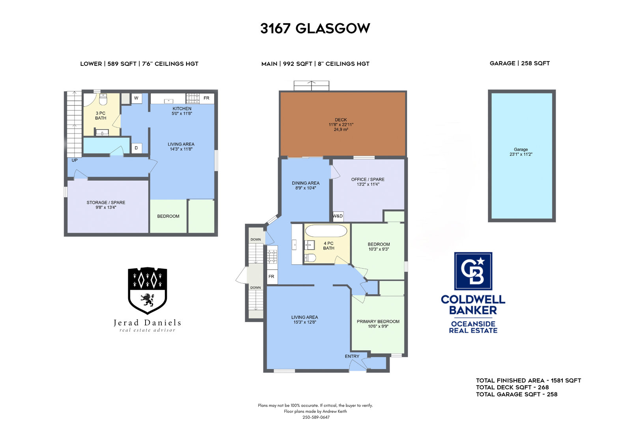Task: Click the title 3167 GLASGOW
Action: coord(315,28)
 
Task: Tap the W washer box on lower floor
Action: coord(136,98)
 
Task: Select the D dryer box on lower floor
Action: coord(136,148)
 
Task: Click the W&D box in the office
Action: coord(338,216)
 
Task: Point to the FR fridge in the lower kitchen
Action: coord(207,98)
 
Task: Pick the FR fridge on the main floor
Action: coord(272,277)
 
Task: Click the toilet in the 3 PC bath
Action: coord(103,99)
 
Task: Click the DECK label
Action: coord(341,120)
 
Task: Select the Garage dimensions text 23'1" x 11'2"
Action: coord(521,155)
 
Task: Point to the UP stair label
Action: coord(75,160)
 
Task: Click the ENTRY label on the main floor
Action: coord(352,356)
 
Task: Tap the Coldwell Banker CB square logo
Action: coord(473,271)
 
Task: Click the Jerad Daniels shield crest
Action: coord(147,291)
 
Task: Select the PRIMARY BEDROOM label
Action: coord(378,321)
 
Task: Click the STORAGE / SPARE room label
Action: coord(106,203)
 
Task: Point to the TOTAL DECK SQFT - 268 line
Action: coord(512,387)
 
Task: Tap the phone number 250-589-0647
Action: coord(316,417)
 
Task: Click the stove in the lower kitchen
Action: coord(193,99)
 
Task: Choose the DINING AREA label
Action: coord(306,183)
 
